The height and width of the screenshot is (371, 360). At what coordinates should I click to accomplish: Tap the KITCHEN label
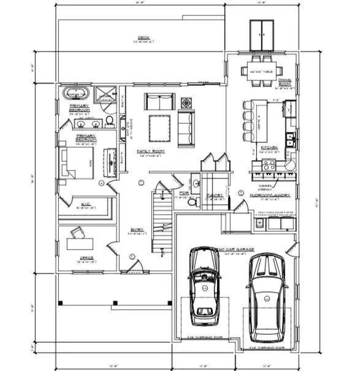(270, 148)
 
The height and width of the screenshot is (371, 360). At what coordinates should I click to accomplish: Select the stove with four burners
(269, 164)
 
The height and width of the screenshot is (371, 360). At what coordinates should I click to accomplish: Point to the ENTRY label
(137, 230)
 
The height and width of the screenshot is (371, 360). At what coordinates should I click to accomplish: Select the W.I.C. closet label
(85, 205)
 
